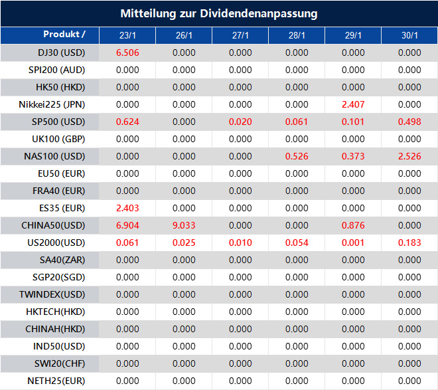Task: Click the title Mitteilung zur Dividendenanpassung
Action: pos(219,13)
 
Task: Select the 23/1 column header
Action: pos(127,35)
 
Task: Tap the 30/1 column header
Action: pos(409,35)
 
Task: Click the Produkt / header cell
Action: pos(64,34)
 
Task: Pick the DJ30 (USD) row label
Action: pos(61,52)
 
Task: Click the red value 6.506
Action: pos(127,52)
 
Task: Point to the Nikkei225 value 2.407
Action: pos(353,104)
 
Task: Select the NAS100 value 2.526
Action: pos(409,156)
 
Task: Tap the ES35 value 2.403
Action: pos(127,208)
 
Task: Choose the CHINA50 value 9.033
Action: pos(184,225)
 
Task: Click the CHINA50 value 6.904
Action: pos(127,225)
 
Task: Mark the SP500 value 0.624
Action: pos(127,122)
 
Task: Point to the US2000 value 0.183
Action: pos(409,243)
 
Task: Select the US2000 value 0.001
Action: pos(353,243)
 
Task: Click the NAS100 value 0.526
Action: pos(297,156)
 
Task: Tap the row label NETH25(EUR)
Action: pos(56,381)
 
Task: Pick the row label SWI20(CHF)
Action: pos(60,363)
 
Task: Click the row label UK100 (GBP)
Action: pos(58,139)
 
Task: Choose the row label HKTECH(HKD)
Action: pos(59,312)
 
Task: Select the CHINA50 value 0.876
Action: pos(353,225)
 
